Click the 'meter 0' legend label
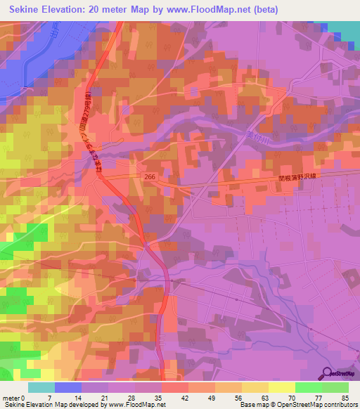click(x=14, y=396)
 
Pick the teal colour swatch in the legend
click(x=41, y=387)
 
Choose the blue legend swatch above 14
click(x=68, y=387)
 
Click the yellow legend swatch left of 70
click(x=282, y=387)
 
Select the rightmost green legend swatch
click(x=335, y=387)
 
